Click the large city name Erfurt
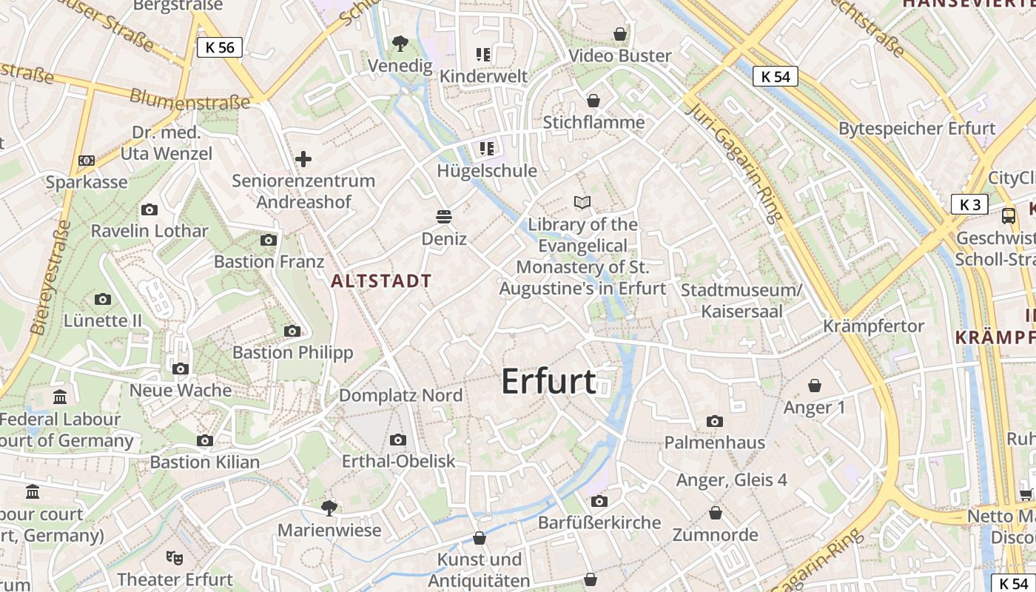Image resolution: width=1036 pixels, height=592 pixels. [x=548, y=381]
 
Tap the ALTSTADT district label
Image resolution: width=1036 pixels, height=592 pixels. [x=381, y=281]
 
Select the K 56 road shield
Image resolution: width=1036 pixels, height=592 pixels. [x=220, y=48]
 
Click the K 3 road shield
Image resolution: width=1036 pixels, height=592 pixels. [x=969, y=205]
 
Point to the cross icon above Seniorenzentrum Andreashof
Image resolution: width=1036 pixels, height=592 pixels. [x=303, y=159]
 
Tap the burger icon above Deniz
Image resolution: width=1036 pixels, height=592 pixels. [x=444, y=216]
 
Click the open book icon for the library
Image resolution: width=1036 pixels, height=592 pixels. [x=583, y=202]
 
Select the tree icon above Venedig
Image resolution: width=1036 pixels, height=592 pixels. [x=400, y=44]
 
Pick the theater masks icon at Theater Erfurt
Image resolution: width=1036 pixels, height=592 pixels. [x=175, y=556]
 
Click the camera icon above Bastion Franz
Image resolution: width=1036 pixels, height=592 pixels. [x=269, y=240]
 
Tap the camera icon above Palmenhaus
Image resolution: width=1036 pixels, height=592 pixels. [x=714, y=421]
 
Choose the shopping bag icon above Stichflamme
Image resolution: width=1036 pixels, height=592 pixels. [x=593, y=101]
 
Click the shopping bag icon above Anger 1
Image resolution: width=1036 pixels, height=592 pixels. [x=814, y=386]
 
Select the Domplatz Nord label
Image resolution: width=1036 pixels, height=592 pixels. [x=400, y=395]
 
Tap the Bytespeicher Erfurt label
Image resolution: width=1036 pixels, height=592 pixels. [x=912, y=128]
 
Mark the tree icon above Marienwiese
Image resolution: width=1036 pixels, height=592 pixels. [x=329, y=508]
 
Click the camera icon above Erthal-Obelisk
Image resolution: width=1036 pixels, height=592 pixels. [x=398, y=440]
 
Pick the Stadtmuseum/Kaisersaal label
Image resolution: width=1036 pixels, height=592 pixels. [x=741, y=300]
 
